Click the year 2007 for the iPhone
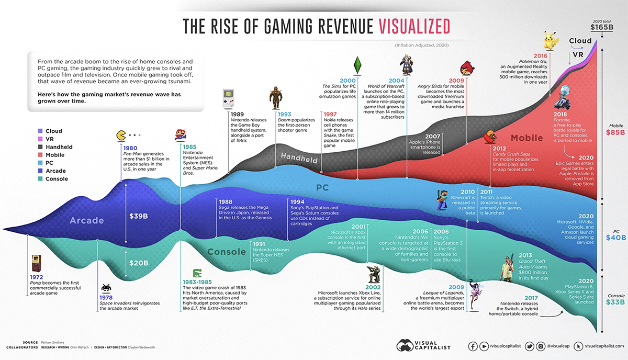click(x=432, y=137)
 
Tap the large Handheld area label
click(x=299, y=156)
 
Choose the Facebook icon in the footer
click(x=473, y=346)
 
